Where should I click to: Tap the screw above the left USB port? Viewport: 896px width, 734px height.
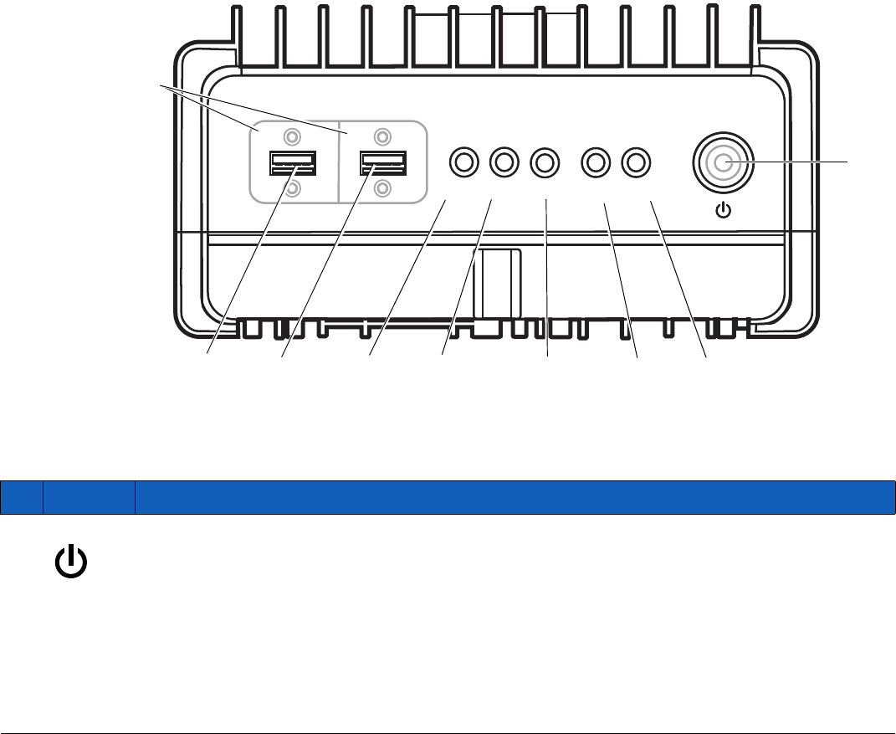coord(291,136)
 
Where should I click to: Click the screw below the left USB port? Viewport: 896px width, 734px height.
coord(292,189)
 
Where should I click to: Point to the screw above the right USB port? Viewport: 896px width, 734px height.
coord(382,136)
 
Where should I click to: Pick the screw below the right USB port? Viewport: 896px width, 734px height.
coord(383,188)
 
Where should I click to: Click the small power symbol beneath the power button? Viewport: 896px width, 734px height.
coord(724,209)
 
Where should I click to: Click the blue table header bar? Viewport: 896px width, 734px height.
coord(448,496)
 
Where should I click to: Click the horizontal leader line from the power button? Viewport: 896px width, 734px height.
coord(803,159)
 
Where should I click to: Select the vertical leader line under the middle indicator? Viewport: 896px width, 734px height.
coord(546,276)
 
